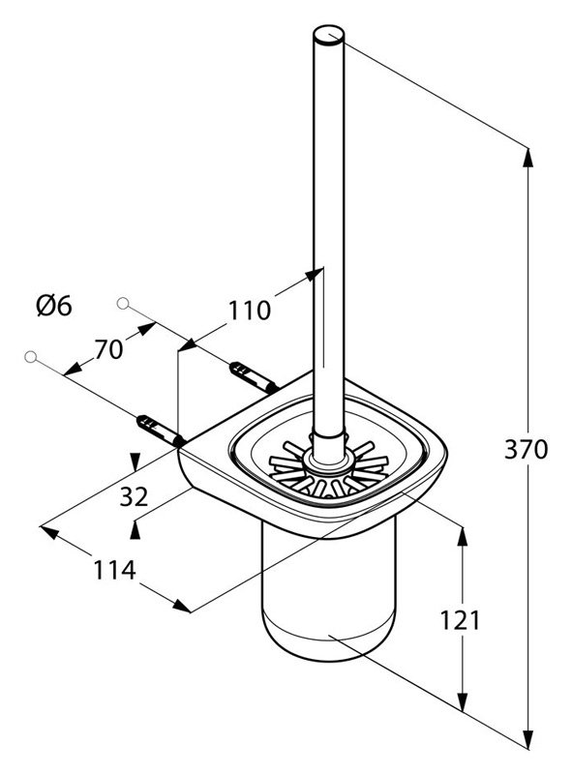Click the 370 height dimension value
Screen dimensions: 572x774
point(526,450)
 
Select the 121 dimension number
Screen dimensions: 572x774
point(460,620)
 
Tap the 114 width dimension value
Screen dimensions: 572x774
point(114,570)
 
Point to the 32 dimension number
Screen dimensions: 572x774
point(134,496)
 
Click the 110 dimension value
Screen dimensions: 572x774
point(249,311)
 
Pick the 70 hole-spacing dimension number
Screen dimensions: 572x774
point(108,349)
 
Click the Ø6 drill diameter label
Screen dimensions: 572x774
point(54,306)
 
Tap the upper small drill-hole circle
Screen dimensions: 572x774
point(123,303)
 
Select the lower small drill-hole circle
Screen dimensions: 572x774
point(31,356)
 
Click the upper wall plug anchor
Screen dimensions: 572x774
point(254,377)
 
